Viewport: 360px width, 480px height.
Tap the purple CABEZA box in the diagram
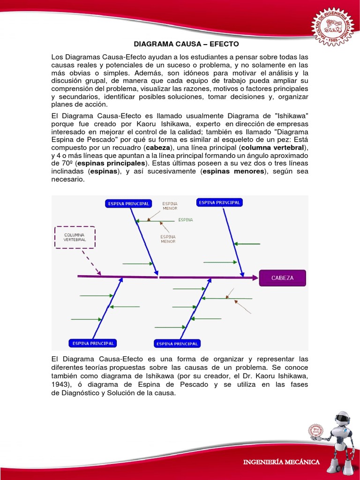[x=282, y=278]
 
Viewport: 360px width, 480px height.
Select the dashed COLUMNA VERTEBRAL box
[x=75, y=237]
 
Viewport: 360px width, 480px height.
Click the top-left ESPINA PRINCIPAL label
[x=128, y=203]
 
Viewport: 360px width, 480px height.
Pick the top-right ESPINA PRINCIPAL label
[x=219, y=202]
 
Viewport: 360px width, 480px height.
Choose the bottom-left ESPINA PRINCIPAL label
[x=92, y=343]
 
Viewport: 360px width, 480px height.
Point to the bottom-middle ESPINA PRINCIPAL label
[x=177, y=344]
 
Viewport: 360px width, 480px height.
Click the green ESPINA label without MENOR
[x=186, y=219]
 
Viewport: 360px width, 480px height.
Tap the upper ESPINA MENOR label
[x=170, y=206]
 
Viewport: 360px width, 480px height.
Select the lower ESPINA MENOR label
[x=168, y=239]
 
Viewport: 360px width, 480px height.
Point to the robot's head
[x=343, y=419]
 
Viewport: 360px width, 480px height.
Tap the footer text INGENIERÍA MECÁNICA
[x=281, y=462]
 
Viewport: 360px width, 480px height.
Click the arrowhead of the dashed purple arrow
[x=99, y=272]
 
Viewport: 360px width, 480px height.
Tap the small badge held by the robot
[x=315, y=430]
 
